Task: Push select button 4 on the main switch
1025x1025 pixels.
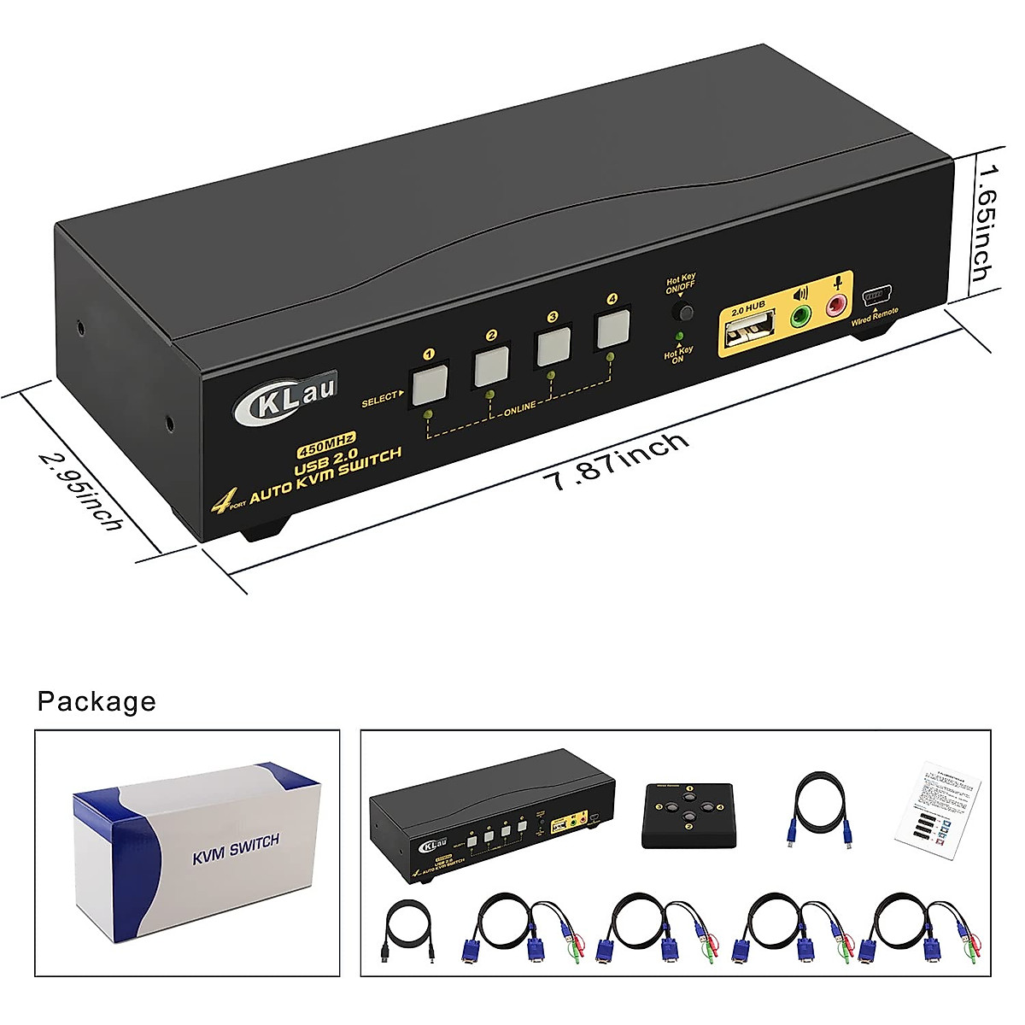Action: point(612,329)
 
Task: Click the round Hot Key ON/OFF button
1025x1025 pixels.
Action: point(681,311)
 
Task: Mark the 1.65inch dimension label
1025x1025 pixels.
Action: point(985,222)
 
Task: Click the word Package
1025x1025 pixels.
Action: point(97,701)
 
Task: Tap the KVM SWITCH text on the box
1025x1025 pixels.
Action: point(235,848)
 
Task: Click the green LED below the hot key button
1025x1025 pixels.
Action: point(680,337)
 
